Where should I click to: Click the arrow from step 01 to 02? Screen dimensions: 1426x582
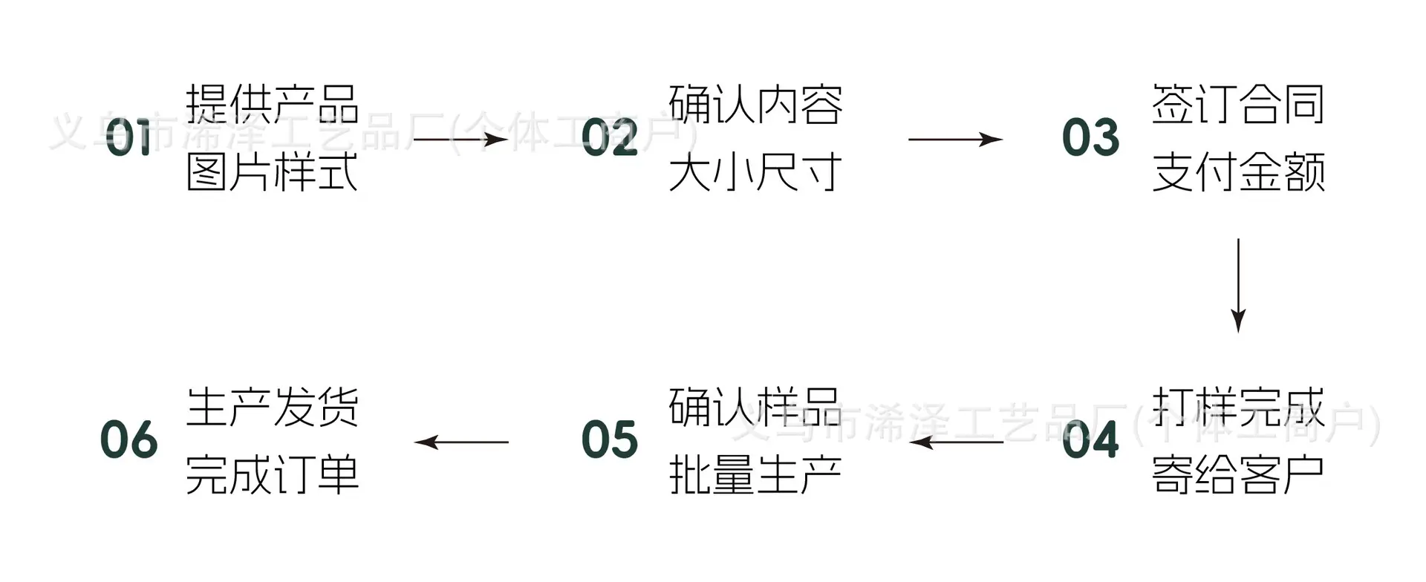click(x=460, y=139)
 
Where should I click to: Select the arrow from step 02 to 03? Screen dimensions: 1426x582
click(x=956, y=139)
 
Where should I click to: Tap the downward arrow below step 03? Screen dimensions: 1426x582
click(x=1238, y=286)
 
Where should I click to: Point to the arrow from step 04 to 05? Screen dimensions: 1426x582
click(x=957, y=442)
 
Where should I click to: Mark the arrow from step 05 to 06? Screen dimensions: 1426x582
click(x=461, y=442)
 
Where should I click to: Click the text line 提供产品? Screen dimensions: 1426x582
click(x=273, y=104)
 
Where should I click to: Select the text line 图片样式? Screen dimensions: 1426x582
click(x=273, y=172)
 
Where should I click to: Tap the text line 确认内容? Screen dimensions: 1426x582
click(x=755, y=104)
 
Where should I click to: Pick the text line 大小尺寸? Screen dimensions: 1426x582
click(x=755, y=172)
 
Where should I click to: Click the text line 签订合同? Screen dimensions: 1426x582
click(x=1238, y=104)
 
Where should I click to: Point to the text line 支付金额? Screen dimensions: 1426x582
click(x=1238, y=172)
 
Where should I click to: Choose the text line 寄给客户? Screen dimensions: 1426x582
click(x=1238, y=474)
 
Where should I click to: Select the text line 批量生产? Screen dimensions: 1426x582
click(x=755, y=474)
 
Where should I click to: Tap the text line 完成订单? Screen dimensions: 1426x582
click(x=273, y=474)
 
